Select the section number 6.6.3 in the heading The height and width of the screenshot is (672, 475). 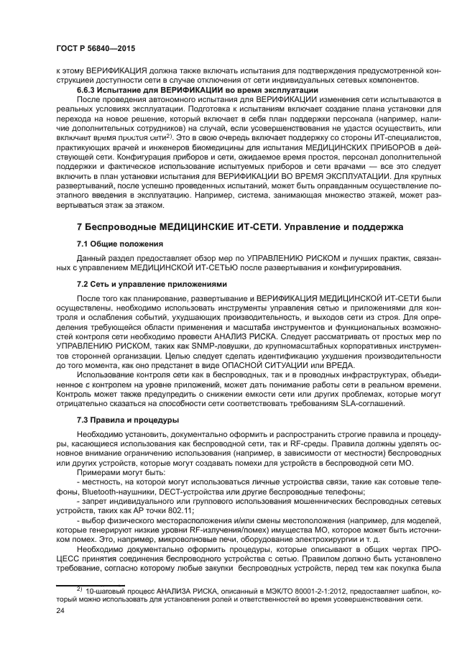(x=89, y=90)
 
